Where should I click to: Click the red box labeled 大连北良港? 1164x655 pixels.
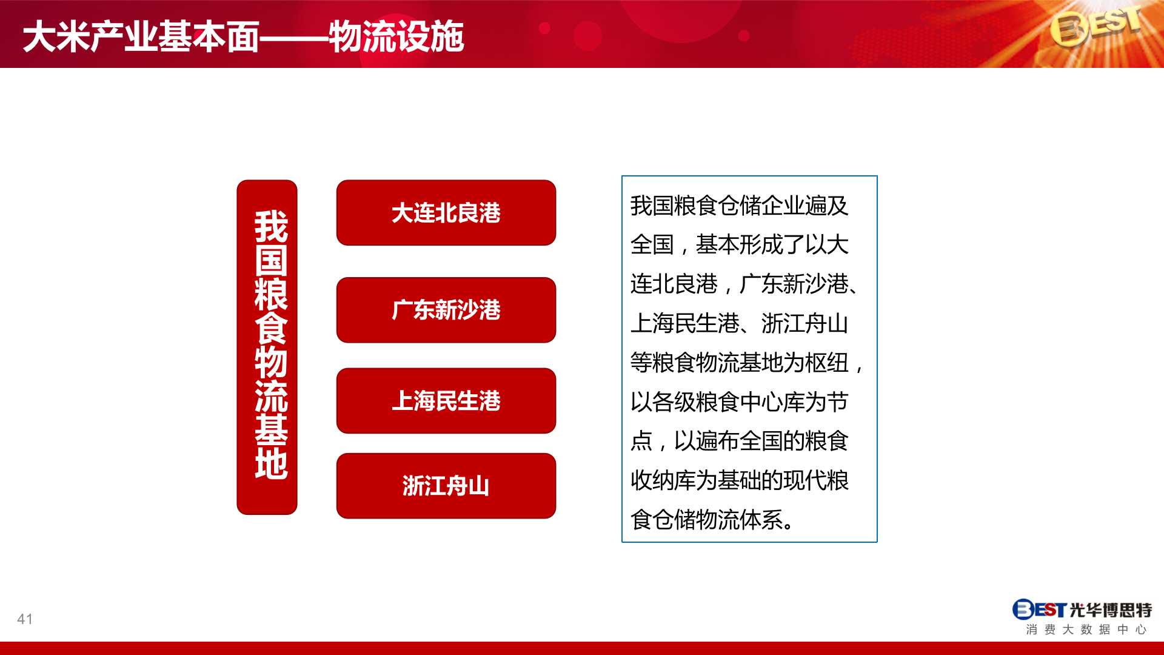click(446, 213)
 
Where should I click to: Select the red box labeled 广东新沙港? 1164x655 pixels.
click(446, 310)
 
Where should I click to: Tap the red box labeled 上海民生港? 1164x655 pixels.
click(446, 401)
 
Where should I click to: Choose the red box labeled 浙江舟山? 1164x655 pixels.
click(446, 486)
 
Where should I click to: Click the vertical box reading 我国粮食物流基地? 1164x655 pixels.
click(267, 347)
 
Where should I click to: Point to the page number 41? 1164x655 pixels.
click(25, 619)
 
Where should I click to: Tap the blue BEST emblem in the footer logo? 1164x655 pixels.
click(1039, 610)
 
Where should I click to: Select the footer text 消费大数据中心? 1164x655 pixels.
click(1086, 630)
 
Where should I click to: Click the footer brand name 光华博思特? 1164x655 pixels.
click(1110, 610)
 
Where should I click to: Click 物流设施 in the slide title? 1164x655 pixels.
click(396, 36)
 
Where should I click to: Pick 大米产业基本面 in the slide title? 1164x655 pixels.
click(141, 36)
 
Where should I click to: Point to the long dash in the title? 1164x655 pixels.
click(294, 38)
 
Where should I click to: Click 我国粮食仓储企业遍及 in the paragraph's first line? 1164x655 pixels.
click(739, 206)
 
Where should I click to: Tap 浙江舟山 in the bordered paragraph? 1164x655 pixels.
click(804, 324)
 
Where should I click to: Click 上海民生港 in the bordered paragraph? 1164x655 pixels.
click(685, 324)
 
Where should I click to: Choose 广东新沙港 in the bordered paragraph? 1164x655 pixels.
click(794, 284)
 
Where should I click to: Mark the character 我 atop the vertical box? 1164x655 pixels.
click(270, 227)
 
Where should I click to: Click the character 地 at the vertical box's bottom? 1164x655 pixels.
click(270, 464)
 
